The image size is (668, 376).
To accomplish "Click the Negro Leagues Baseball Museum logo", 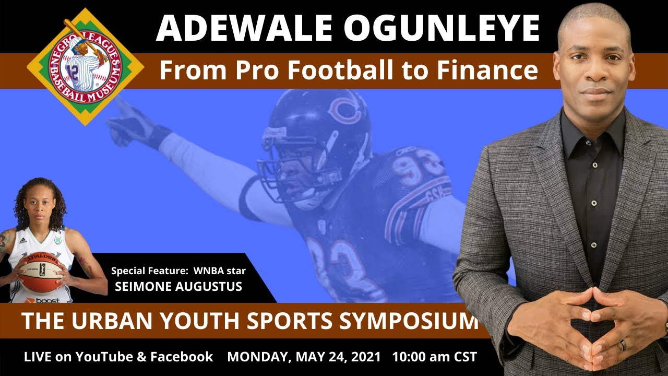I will (86, 66).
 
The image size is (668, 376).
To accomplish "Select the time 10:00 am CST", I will (434, 357).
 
